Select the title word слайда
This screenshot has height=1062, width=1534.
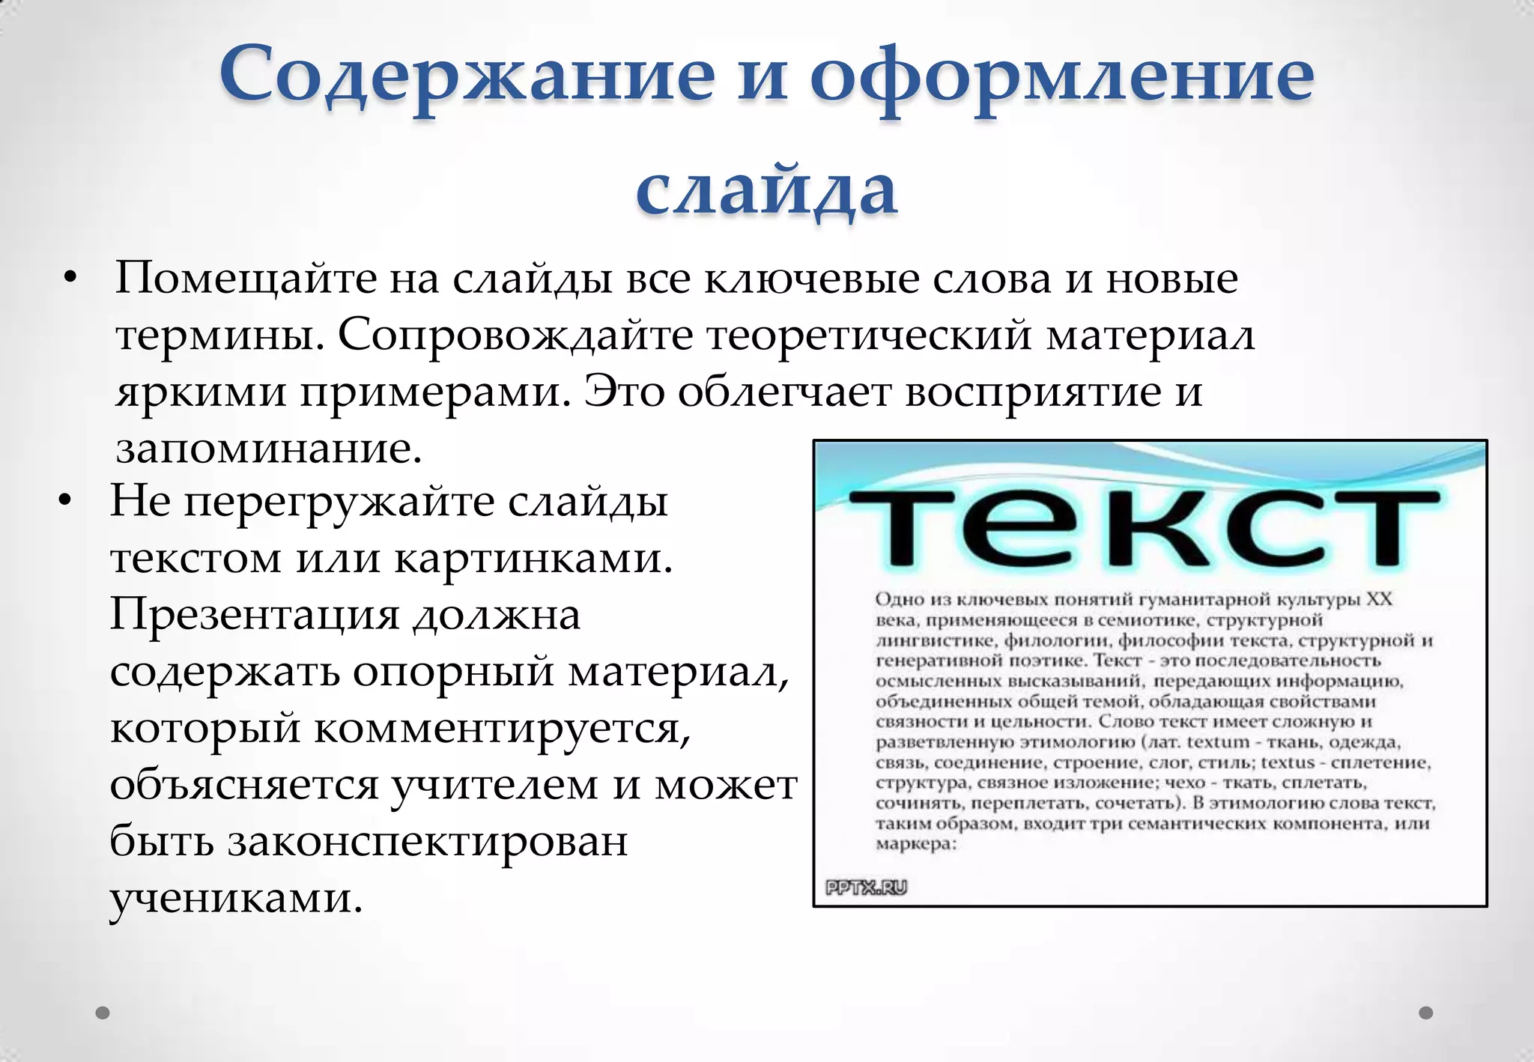[x=766, y=189]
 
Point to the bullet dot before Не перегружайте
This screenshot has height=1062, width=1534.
[x=66, y=502]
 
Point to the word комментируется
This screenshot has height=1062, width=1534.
[x=502, y=727]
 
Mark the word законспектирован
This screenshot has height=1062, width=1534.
[x=428, y=841]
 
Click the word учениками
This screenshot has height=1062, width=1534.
[x=236, y=897]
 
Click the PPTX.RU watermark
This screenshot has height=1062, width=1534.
[x=866, y=887]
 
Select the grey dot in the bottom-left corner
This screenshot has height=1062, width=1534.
[x=103, y=1013]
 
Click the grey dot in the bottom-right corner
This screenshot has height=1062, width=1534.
[x=1426, y=1013]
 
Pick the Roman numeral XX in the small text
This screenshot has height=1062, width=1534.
[x=1379, y=599]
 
